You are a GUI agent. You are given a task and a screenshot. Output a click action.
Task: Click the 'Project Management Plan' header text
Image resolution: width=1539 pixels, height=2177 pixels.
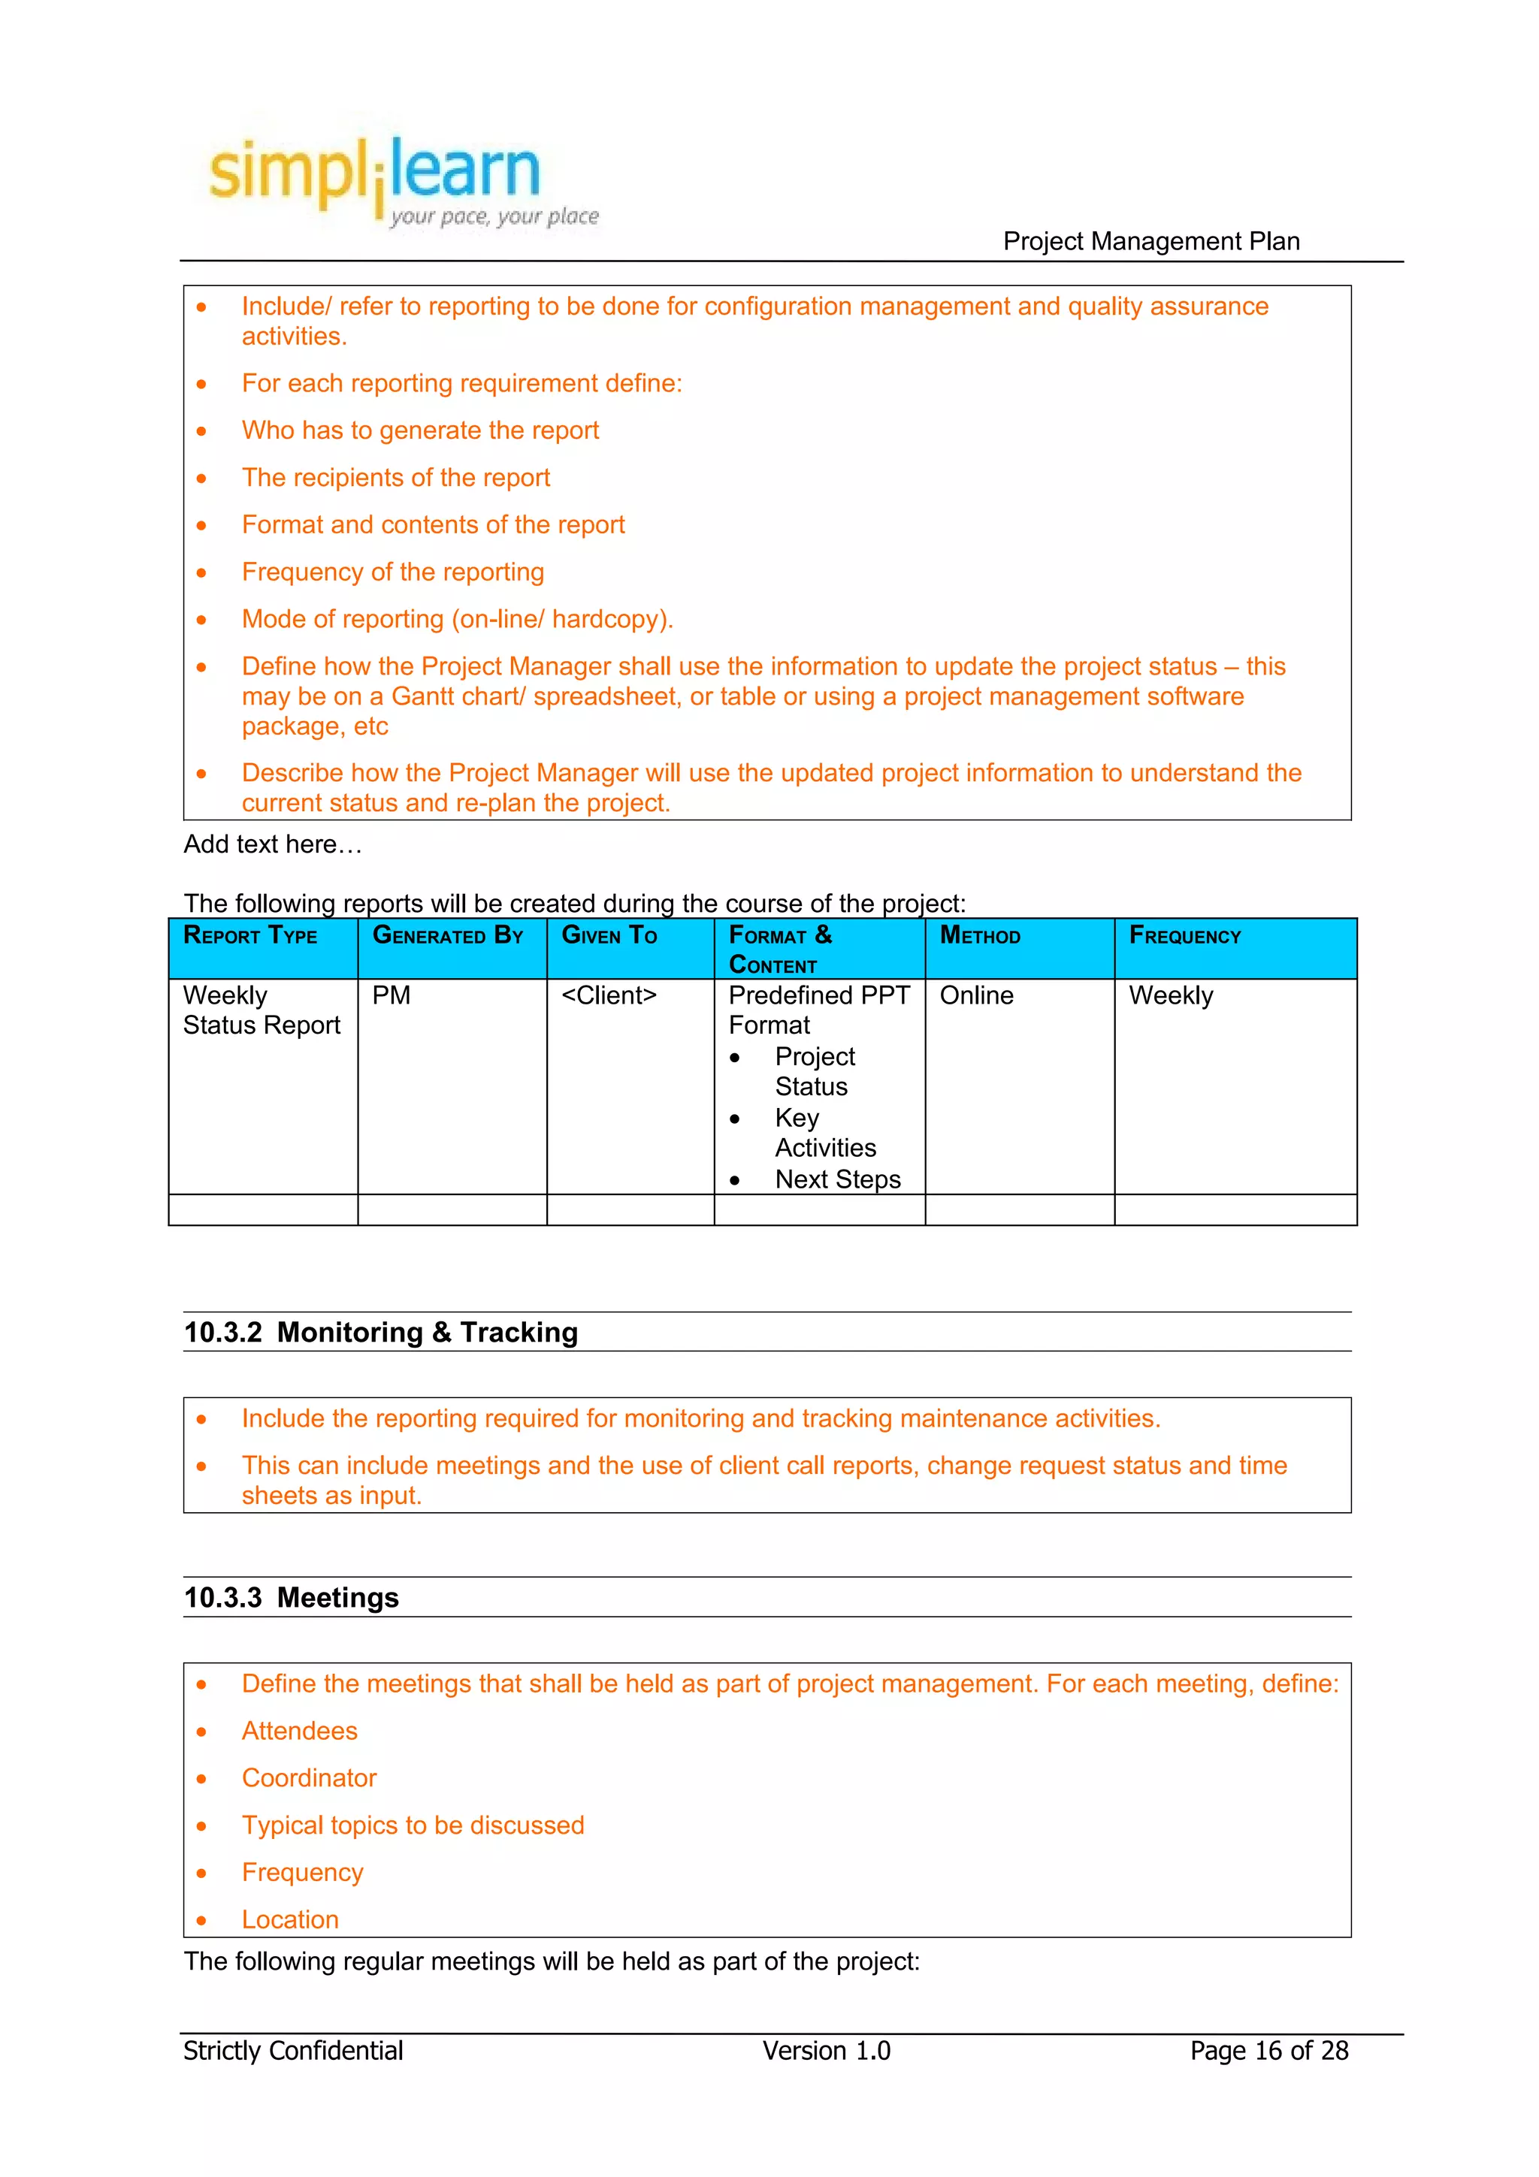click(x=1150, y=242)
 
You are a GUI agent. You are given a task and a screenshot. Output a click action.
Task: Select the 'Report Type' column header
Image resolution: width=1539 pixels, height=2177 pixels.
click(x=250, y=936)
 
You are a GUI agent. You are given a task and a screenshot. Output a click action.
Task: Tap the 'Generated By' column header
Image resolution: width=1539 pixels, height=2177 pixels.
click(x=448, y=936)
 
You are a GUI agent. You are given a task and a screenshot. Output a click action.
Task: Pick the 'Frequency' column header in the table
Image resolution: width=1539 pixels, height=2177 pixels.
click(x=1184, y=936)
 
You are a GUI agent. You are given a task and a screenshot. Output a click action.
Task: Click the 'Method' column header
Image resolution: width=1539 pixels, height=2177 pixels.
click(x=980, y=936)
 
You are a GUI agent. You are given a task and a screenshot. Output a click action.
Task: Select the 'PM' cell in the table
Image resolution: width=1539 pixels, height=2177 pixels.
click(x=391, y=995)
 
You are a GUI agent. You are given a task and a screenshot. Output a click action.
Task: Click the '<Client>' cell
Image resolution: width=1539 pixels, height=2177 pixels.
click(x=609, y=995)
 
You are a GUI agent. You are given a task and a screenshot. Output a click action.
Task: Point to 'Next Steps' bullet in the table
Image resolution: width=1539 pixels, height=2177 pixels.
click(x=837, y=1179)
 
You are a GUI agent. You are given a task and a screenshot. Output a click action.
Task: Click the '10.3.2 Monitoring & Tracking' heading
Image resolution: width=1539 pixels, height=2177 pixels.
click(x=380, y=1332)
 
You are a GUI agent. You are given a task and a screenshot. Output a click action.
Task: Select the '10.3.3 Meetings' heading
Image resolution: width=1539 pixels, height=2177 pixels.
click(x=291, y=1598)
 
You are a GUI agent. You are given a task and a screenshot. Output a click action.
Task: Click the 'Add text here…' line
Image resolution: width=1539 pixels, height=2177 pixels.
click(x=273, y=844)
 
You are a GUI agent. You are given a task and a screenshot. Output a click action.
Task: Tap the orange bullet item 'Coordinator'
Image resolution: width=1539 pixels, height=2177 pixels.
click(x=309, y=1778)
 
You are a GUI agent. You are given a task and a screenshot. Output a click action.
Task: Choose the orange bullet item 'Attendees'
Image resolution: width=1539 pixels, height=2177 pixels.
click(x=300, y=1731)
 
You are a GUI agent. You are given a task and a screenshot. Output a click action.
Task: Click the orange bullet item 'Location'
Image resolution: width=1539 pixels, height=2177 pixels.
click(x=290, y=1919)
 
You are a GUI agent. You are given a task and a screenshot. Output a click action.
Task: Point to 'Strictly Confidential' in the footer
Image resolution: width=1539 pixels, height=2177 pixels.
click(x=293, y=2051)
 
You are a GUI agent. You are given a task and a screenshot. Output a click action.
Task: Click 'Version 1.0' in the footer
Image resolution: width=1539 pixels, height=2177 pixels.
click(x=826, y=2051)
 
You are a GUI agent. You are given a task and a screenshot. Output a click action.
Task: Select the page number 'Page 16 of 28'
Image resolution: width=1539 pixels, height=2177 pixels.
click(x=1268, y=2051)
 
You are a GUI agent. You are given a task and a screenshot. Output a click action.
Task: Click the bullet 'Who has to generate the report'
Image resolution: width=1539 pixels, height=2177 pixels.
click(x=420, y=430)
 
